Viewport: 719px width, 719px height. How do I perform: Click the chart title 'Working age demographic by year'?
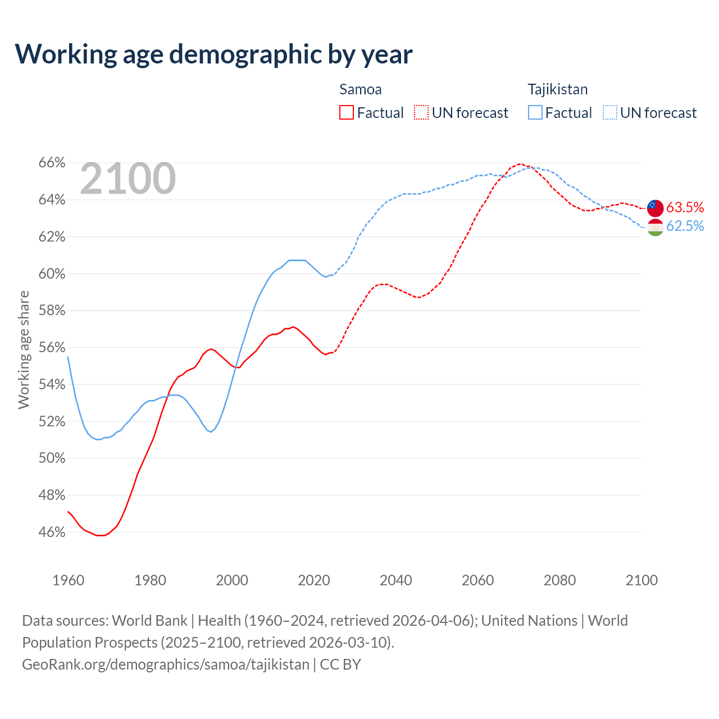[213, 54]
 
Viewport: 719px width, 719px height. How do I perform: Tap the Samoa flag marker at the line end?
[655, 208]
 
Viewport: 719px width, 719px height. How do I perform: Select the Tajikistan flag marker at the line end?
[655, 227]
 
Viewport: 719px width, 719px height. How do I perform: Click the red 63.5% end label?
[685, 207]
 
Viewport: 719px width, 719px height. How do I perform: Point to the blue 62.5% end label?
[685, 226]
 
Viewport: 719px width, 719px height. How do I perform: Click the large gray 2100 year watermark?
[128, 179]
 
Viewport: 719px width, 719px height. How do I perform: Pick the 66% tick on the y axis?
[52, 163]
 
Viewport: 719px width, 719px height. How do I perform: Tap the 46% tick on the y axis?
[52, 532]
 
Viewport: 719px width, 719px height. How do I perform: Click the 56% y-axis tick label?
[52, 347]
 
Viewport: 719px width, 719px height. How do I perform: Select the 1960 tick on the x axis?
[69, 580]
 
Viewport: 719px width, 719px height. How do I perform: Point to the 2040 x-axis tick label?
[396, 580]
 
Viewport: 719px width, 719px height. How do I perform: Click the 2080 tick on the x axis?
[559, 580]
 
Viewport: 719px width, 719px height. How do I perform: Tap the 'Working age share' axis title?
[24, 349]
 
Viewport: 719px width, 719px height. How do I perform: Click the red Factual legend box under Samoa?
[347, 113]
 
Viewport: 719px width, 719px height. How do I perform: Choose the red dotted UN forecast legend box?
[421, 113]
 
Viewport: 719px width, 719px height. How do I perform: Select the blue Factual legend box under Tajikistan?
[535, 113]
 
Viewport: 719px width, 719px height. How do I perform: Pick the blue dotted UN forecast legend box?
[610, 113]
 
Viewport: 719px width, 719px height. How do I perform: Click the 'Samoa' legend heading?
[361, 89]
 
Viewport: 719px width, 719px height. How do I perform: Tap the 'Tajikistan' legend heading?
[558, 89]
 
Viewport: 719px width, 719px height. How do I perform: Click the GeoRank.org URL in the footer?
[166, 665]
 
